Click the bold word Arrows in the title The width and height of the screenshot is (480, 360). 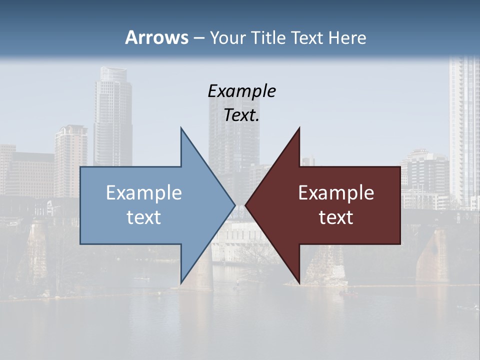pyautogui.click(x=156, y=37)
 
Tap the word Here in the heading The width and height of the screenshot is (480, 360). pyautogui.click(x=347, y=37)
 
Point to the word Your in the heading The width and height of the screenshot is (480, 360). pyautogui.click(x=226, y=37)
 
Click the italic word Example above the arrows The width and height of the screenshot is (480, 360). pyautogui.click(x=241, y=91)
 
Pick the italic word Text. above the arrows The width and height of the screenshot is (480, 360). pyautogui.click(x=241, y=115)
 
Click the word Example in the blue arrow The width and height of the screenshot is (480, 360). pyautogui.click(x=143, y=192)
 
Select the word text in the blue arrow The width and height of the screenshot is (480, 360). pyautogui.click(x=143, y=217)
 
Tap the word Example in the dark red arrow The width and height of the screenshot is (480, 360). pyautogui.click(x=336, y=192)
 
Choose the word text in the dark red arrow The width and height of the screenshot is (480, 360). pyautogui.click(x=336, y=217)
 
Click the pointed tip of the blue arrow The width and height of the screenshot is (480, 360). pyautogui.click(x=234, y=205)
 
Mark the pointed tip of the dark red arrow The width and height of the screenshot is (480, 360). pyautogui.click(x=246, y=205)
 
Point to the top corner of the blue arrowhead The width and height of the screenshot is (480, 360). pyautogui.click(x=181, y=128)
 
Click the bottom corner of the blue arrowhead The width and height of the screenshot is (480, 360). pyautogui.click(x=181, y=283)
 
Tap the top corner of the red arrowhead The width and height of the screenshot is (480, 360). pyautogui.click(x=299, y=128)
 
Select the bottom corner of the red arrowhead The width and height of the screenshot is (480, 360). pyautogui.click(x=299, y=283)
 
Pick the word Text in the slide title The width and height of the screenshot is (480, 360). pyautogui.click(x=307, y=37)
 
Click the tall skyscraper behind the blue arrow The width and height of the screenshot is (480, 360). pyautogui.click(x=112, y=115)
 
